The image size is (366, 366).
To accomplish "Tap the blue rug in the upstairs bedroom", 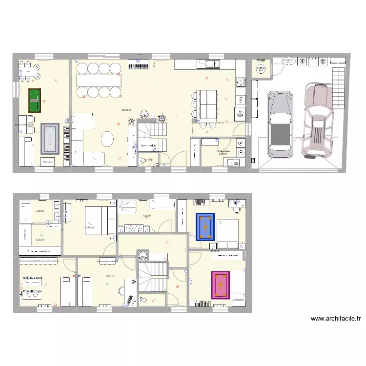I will (x=205, y=227).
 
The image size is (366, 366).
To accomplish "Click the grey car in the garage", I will (x=280, y=120).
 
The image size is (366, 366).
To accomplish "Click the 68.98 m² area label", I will (x=127, y=110).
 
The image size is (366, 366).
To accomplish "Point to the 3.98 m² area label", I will (x=40, y=211).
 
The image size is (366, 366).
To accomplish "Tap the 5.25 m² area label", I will (x=40, y=240).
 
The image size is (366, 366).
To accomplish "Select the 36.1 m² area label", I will (x=111, y=276).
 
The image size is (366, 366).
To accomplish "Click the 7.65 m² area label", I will (x=146, y=216).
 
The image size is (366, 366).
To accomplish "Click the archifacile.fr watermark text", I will (x=336, y=319).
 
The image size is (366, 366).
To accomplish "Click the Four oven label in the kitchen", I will (x=241, y=99).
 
